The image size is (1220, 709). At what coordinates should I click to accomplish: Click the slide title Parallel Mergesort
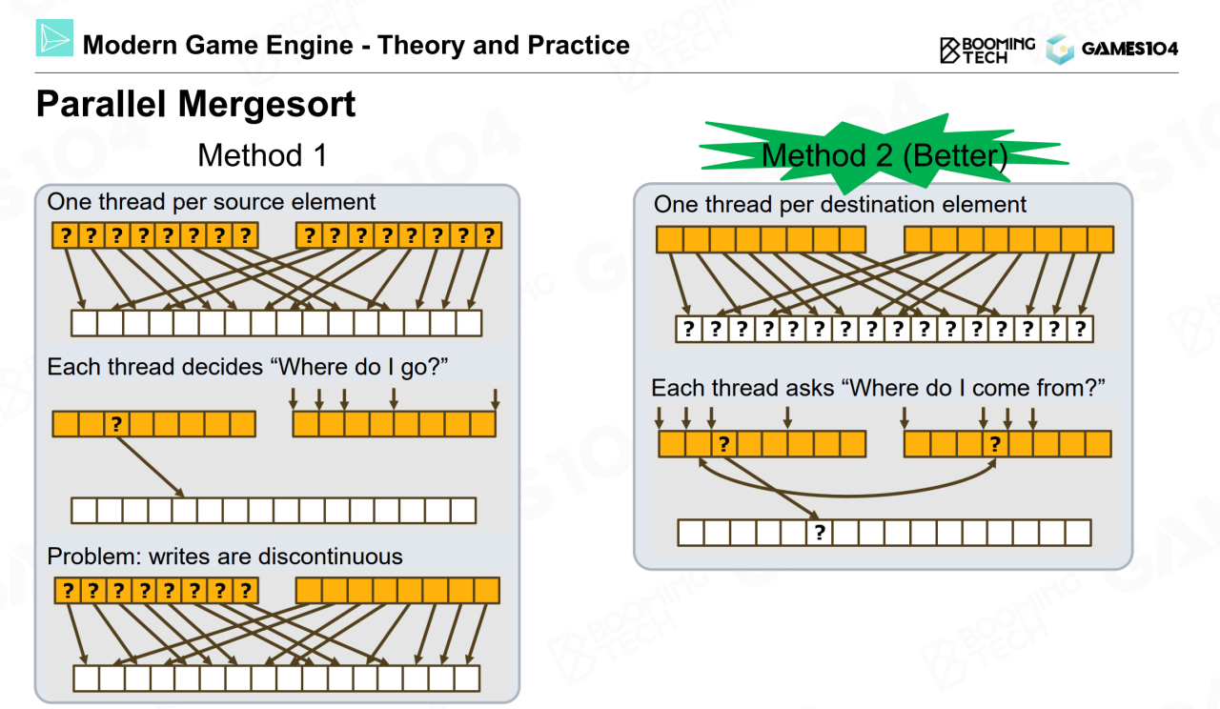(195, 105)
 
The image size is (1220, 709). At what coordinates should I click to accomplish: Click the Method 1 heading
(262, 154)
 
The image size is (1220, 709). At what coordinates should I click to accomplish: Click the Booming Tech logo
(986, 50)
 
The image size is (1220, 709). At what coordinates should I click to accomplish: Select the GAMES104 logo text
(1129, 49)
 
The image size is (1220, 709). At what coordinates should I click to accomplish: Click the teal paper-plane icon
(54, 37)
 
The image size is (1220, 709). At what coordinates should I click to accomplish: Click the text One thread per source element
(212, 202)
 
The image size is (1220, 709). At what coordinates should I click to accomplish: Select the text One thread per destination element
(840, 204)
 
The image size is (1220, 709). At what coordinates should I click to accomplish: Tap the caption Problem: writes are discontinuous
(225, 557)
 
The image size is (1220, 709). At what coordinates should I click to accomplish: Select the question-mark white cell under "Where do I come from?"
(819, 533)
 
